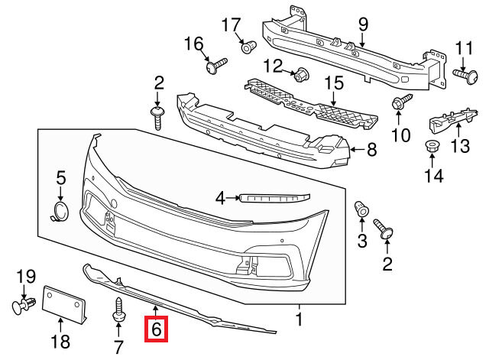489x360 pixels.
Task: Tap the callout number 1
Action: point(300,319)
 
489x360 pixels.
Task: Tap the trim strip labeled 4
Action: point(274,198)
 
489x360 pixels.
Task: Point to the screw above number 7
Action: point(121,309)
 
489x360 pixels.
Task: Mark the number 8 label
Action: point(372,150)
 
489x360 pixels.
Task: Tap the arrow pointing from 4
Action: point(232,199)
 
